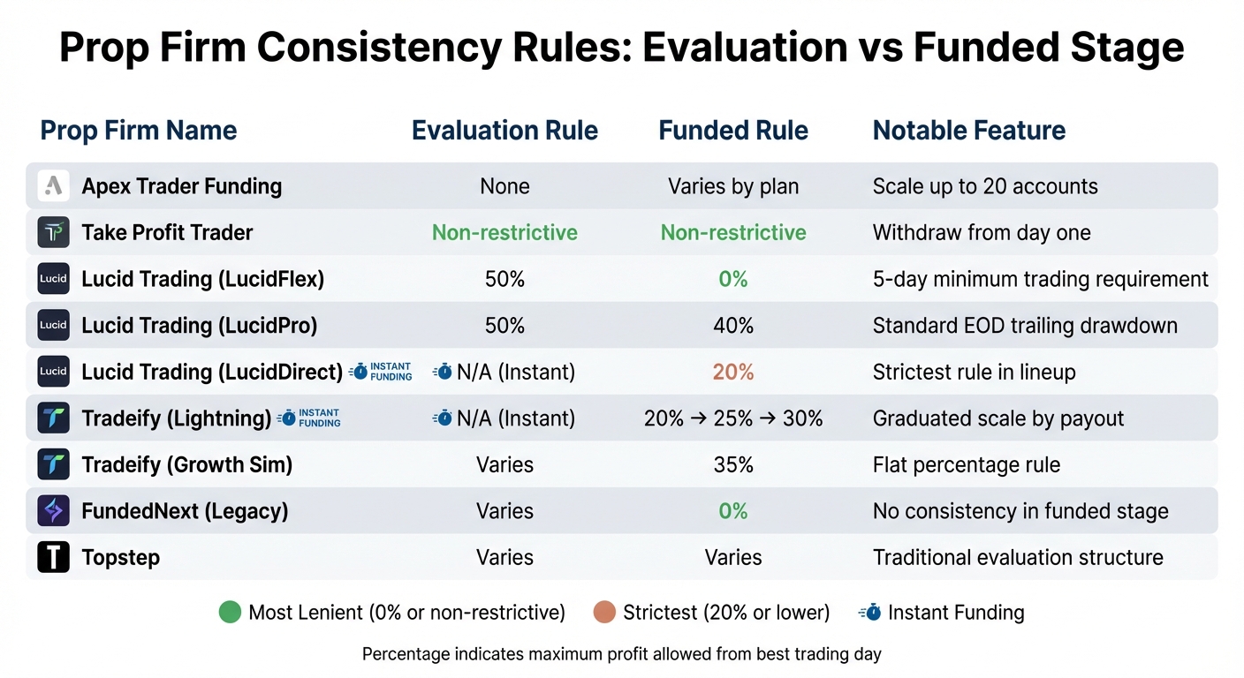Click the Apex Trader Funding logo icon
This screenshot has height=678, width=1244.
pyautogui.click(x=53, y=186)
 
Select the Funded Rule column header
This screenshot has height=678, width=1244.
pyautogui.click(x=733, y=131)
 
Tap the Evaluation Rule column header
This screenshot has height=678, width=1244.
pyautogui.click(x=504, y=131)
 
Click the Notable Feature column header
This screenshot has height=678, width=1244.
pyautogui.click(x=969, y=131)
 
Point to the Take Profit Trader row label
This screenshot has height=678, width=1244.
pyautogui.click(x=167, y=233)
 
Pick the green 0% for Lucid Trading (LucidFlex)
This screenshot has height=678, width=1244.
pyautogui.click(x=733, y=280)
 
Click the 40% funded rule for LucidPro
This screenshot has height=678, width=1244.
pyautogui.click(x=733, y=326)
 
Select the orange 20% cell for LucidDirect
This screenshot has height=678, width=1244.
pyautogui.click(x=733, y=373)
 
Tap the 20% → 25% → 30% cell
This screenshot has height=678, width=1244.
pyautogui.click(x=733, y=418)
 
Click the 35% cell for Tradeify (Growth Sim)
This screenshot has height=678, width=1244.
pyautogui.click(x=733, y=465)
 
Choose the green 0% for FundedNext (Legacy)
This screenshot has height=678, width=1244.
pyautogui.click(x=733, y=511)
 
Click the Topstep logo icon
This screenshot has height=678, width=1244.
pyautogui.click(x=53, y=558)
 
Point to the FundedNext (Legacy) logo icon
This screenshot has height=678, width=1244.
pyautogui.click(x=53, y=511)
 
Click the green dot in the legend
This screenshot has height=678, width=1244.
pyautogui.click(x=230, y=613)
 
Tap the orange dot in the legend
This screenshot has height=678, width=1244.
pyautogui.click(x=604, y=613)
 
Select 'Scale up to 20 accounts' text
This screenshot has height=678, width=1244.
pyautogui.click(x=985, y=187)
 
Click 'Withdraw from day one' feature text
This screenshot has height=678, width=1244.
pyautogui.click(x=982, y=233)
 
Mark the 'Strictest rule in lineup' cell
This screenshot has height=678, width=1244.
pyautogui.click(x=974, y=373)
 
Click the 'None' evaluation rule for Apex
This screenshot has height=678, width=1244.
pyautogui.click(x=504, y=187)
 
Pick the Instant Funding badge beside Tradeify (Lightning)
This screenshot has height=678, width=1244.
pyautogui.click(x=309, y=418)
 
